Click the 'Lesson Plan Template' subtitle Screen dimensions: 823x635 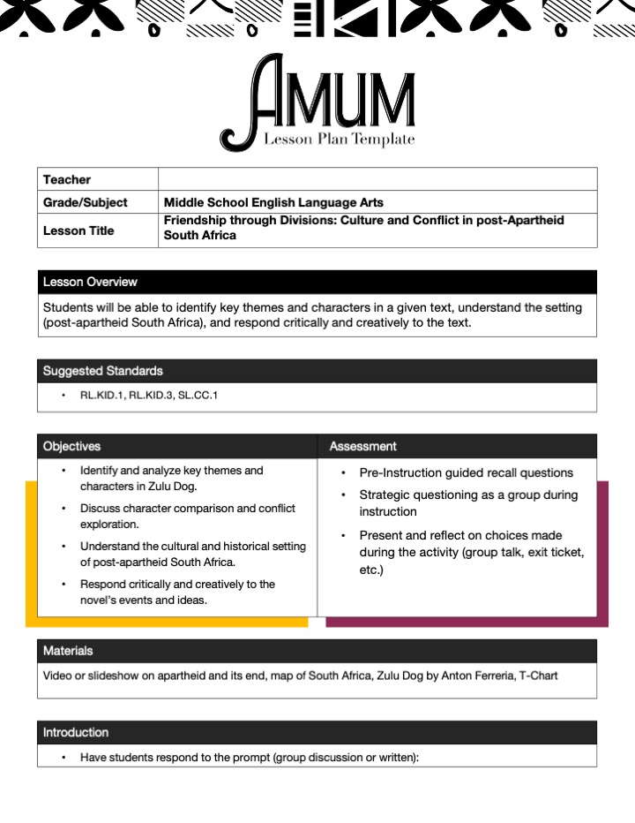coord(339,140)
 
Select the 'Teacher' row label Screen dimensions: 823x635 coord(67,179)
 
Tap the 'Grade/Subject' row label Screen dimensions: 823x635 coord(85,202)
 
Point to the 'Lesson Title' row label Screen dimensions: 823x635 coord(78,230)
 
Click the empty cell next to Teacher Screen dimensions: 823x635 coord(377,179)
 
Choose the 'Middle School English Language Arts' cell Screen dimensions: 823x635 coord(273,202)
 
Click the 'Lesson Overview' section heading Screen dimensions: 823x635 coord(90,282)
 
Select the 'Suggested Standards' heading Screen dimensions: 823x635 coord(103,371)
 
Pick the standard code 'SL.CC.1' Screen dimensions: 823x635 coord(199,395)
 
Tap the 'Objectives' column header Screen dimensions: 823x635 coord(71,446)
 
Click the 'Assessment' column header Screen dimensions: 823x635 coord(362,446)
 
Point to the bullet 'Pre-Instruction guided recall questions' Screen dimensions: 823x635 coord(466,472)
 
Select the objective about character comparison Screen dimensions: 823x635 coord(187,516)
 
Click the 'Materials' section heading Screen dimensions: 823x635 coord(68,651)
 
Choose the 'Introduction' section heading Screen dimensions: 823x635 coord(76,732)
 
